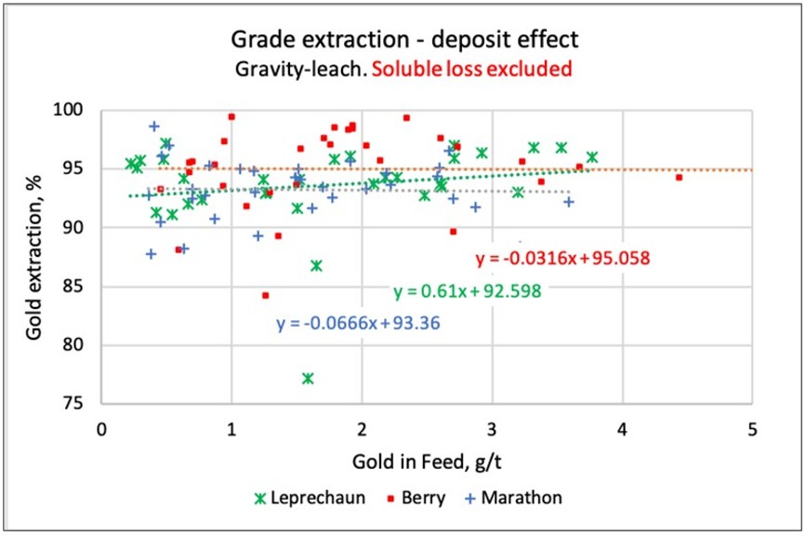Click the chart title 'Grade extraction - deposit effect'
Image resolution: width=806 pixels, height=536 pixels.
[x=403, y=40]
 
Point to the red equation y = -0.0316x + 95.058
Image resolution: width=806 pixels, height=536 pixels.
[x=562, y=258]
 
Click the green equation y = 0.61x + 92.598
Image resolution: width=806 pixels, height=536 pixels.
[x=468, y=291]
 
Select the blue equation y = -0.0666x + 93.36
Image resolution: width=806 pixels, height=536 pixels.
[x=358, y=324]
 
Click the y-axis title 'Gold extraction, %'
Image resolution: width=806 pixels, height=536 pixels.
[x=34, y=256]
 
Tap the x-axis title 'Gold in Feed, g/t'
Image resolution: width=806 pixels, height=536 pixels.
[x=426, y=461]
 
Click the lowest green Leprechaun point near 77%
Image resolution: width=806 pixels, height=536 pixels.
[x=308, y=378]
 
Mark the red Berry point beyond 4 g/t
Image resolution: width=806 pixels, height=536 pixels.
[x=679, y=177]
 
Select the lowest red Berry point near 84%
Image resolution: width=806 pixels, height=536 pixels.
[x=265, y=295]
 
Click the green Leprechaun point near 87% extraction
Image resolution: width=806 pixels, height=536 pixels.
[x=316, y=265]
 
